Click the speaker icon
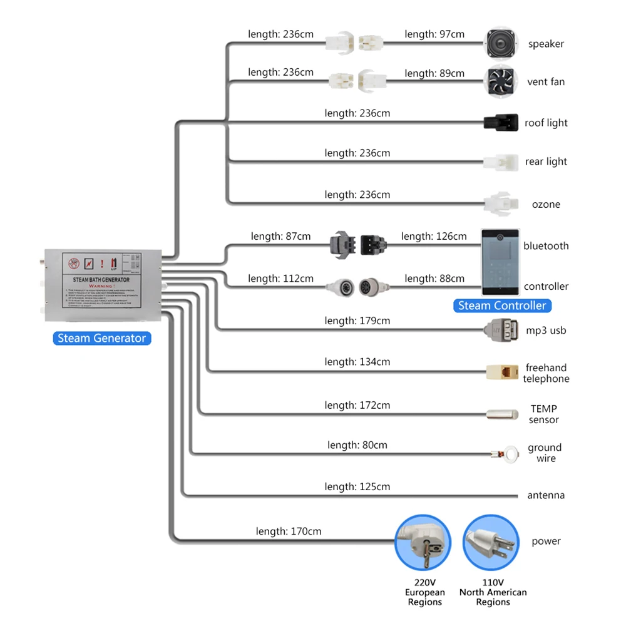pyautogui.click(x=501, y=43)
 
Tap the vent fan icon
pyautogui.click(x=501, y=81)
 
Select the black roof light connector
pyautogui.click(x=501, y=121)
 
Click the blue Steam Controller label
pyautogui.click(x=503, y=305)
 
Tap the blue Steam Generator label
pyautogui.click(x=101, y=338)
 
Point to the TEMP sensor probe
pyautogui.click(x=502, y=414)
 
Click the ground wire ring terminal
pyautogui.click(x=511, y=453)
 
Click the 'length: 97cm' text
pyautogui.click(x=434, y=34)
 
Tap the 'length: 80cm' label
pyautogui.click(x=357, y=445)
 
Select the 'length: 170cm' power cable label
pyautogui.click(x=289, y=531)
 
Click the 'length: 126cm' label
pyautogui.click(x=434, y=236)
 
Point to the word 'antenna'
pyautogui.click(x=546, y=495)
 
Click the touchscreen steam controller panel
pyautogui.click(x=500, y=262)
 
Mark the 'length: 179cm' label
pyautogui.click(x=357, y=321)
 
